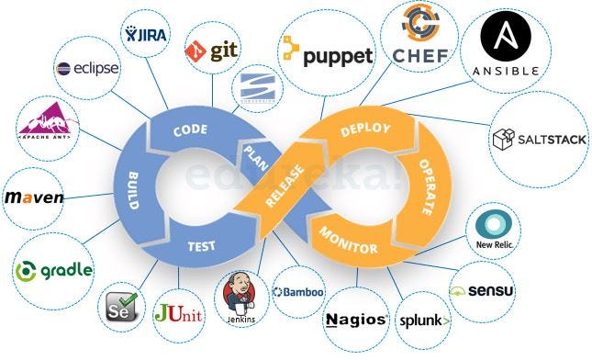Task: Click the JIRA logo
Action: (x=146, y=35)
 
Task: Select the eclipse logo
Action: (x=87, y=68)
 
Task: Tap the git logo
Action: (x=213, y=51)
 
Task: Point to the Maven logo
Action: (x=34, y=197)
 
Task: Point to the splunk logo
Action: (x=423, y=321)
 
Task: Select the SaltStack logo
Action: (x=531, y=140)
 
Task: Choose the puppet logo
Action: (x=329, y=55)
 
